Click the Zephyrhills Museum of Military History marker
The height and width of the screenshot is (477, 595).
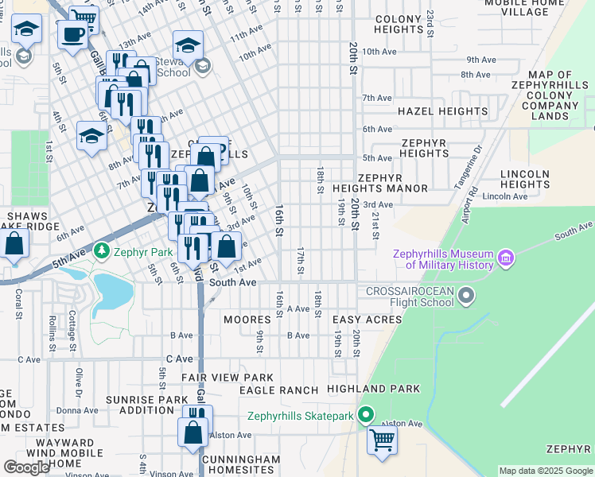coord(504,258)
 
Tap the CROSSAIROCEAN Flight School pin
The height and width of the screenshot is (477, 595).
coord(467,297)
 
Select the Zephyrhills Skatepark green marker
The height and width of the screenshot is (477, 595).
coord(365,415)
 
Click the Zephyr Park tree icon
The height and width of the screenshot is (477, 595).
coord(101,252)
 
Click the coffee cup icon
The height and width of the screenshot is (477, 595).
coord(73,35)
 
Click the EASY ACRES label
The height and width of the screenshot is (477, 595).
coord(367,319)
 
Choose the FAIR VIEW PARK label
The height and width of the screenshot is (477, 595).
coord(227,378)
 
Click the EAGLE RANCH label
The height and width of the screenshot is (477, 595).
coord(278,390)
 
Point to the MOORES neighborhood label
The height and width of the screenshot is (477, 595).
coord(247,320)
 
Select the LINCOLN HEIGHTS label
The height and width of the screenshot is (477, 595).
coord(525,179)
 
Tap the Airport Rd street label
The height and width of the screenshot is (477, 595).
coord(468,204)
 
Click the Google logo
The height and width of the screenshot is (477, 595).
coord(26,467)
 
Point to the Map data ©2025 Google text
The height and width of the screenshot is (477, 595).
coord(545,471)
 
